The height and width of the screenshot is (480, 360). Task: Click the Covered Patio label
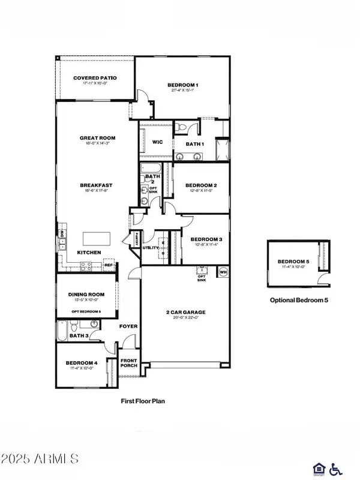(x=95, y=78)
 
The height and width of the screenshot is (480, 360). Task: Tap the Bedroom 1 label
(x=182, y=85)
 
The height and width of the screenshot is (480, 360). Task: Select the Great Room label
(x=97, y=138)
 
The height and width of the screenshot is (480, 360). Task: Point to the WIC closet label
(x=158, y=142)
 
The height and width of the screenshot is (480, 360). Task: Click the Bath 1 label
(x=194, y=144)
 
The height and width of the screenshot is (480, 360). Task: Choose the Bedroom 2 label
(x=200, y=185)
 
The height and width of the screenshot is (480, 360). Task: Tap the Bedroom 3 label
(x=206, y=238)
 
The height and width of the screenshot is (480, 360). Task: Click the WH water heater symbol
(x=222, y=271)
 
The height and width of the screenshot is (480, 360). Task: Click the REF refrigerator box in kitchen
(x=109, y=265)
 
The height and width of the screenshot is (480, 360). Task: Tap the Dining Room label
(x=86, y=295)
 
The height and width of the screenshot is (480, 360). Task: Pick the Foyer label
(x=128, y=326)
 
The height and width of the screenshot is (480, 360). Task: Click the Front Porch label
(x=130, y=364)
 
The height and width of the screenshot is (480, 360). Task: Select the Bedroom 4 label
(x=82, y=363)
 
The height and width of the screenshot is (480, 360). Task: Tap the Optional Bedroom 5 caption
(x=299, y=300)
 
